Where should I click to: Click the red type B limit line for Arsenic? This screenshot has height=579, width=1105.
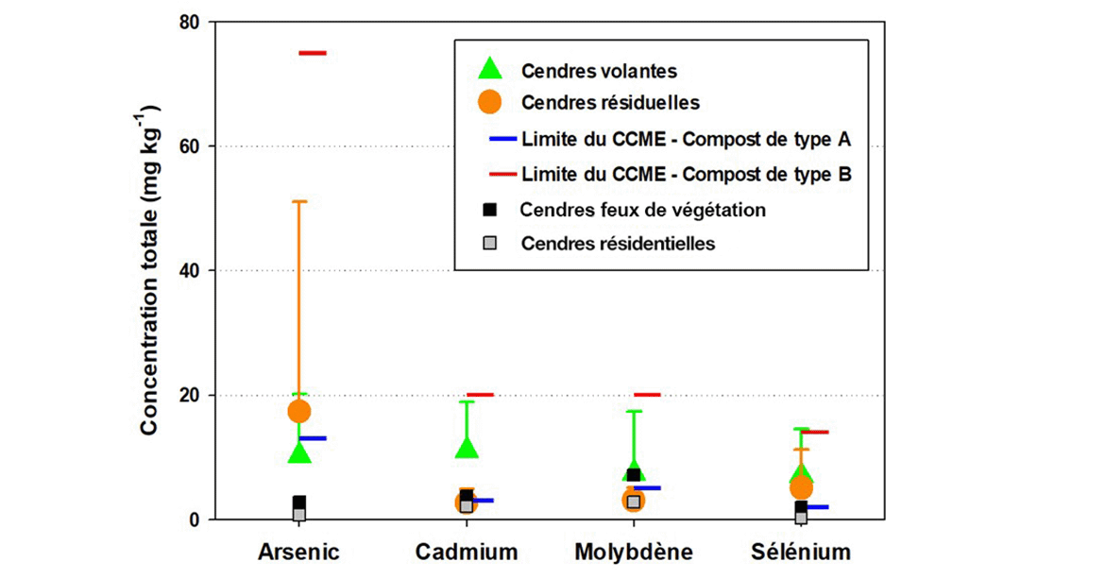tap(313, 53)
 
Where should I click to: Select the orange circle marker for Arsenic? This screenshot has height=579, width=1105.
tap(299, 411)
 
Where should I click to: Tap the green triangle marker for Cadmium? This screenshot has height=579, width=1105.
tap(467, 447)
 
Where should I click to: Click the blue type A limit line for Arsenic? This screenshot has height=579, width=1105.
tap(313, 438)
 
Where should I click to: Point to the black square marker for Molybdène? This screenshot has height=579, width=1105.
tap(634, 475)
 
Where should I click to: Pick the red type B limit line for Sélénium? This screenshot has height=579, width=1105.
tap(814, 432)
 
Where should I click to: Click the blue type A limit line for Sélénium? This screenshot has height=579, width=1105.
tap(814, 507)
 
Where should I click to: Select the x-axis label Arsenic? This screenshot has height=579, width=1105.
tap(298, 552)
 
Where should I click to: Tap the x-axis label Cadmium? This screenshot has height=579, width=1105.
tap(467, 552)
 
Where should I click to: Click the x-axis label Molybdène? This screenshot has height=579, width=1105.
tap(634, 552)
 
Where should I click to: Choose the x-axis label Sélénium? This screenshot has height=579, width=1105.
tap(801, 552)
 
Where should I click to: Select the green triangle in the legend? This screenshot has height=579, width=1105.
tap(490, 69)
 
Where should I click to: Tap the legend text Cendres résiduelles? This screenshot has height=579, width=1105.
tap(610, 101)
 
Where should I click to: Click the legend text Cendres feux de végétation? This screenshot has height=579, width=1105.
tap(642, 210)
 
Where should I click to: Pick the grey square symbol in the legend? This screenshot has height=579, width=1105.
tap(490, 243)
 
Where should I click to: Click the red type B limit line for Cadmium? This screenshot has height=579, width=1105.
tap(480, 395)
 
